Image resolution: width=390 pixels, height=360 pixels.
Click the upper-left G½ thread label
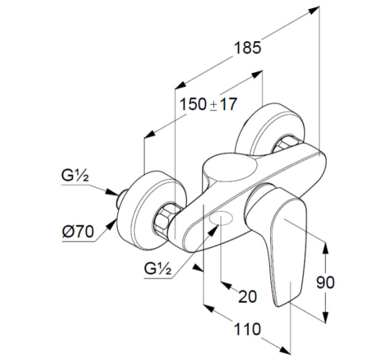[76, 176]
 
